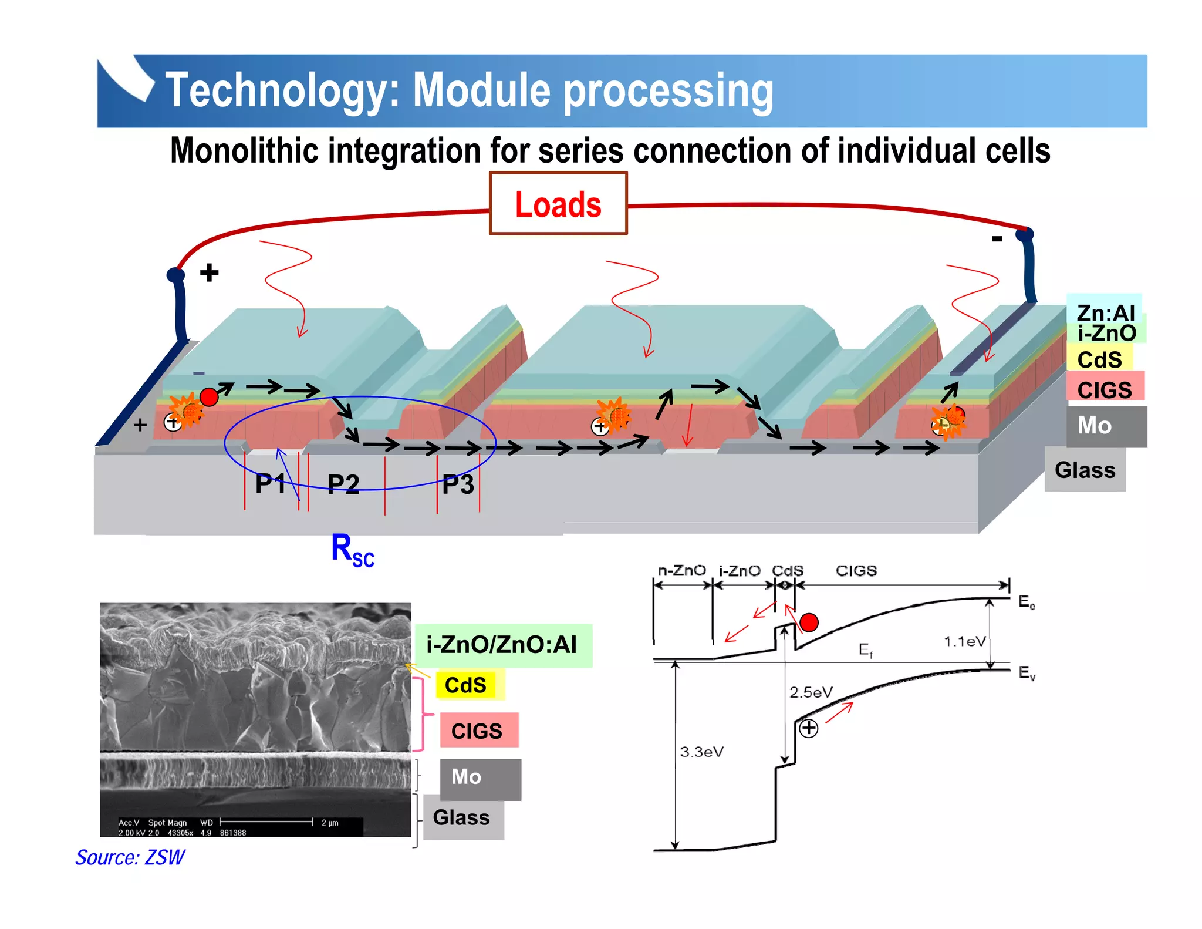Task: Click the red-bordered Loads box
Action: click(558, 204)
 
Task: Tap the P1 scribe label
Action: click(270, 484)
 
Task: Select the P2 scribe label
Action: click(343, 484)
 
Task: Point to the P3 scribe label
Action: click(458, 484)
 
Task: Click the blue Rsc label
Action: click(352, 550)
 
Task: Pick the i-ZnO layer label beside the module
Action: click(1106, 334)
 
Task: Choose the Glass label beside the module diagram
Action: click(1085, 470)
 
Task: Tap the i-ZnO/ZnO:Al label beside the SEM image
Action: click(502, 645)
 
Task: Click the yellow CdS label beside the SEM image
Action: click(466, 685)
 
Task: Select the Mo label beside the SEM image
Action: click(467, 777)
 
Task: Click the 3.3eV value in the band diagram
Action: click(701, 752)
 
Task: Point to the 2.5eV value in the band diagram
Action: click(811, 692)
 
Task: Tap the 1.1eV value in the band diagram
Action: click(964, 641)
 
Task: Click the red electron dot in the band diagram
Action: click(809, 622)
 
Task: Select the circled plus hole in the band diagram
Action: click(809, 728)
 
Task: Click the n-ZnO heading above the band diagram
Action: click(681, 571)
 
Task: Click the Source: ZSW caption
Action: click(130, 857)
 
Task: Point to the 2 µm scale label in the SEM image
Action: click(330, 823)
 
